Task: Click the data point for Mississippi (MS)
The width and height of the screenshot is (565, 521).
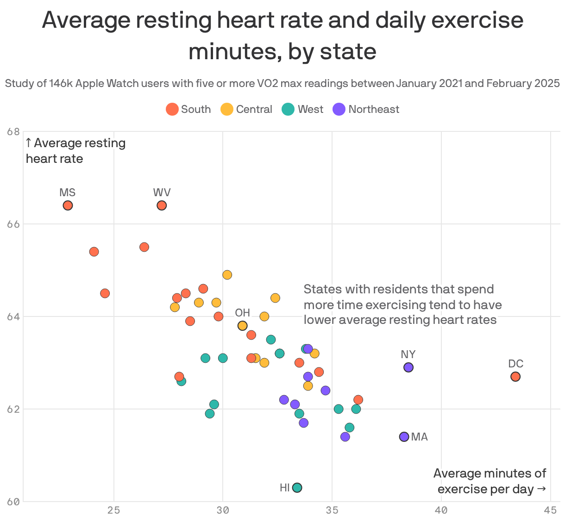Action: click(x=68, y=205)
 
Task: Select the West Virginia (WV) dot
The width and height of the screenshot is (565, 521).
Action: click(x=162, y=205)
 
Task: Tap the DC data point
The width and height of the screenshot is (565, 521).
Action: click(x=515, y=377)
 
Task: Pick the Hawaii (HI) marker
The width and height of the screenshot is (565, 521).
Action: click(x=297, y=488)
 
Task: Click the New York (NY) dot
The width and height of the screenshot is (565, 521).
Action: click(x=408, y=367)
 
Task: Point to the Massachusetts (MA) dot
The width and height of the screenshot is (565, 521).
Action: click(x=404, y=437)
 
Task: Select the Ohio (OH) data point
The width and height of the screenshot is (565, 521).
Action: click(x=242, y=326)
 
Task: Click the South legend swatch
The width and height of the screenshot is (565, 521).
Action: click(x=172, y=110)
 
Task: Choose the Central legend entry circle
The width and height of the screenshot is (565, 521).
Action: click(x=227, y=110)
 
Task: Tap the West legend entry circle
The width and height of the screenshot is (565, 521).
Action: click(x=288, y=110)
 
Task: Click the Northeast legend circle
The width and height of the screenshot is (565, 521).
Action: click(x=339, y=110)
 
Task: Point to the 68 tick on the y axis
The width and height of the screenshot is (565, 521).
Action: click(x=14, y=132)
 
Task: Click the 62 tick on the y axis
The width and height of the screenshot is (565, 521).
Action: click(x=14, y=409)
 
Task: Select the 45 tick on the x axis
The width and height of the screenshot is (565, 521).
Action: click(x=550, y=510)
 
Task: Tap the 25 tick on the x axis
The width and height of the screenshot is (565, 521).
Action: click(x=114, y=510)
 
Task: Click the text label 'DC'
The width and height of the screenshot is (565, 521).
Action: click(x=515, y=364)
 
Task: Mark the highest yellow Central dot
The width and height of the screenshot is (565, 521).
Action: click(x=227, y=275)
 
